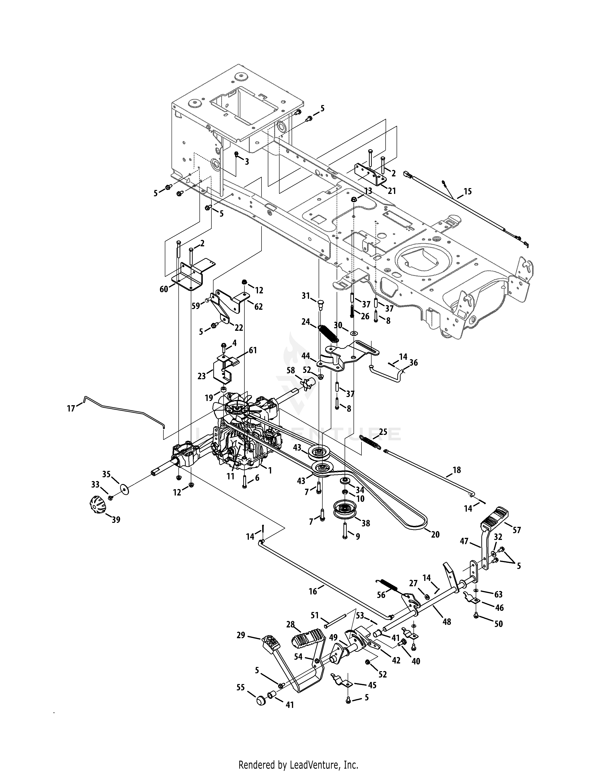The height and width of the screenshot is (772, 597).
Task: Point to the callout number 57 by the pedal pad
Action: point(517,530)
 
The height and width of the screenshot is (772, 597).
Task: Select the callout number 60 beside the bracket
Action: point(164,289)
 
